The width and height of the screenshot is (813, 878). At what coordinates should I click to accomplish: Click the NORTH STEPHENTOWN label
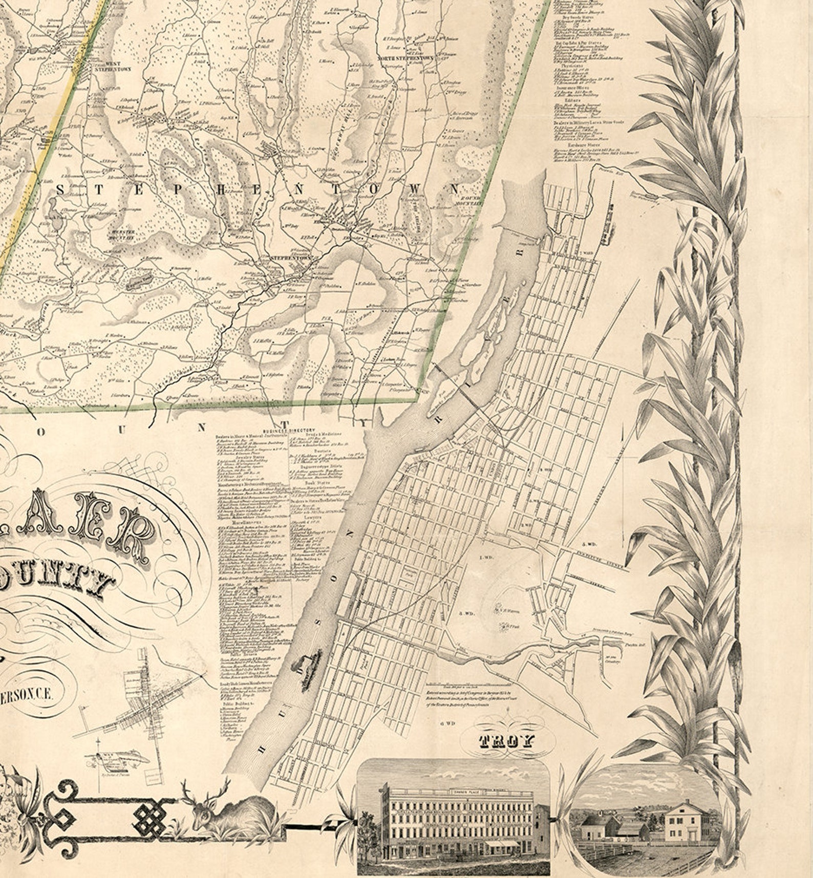click(x=405, y=58)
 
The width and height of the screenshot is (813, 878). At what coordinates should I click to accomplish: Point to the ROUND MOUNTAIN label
click(x=471, y=201)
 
